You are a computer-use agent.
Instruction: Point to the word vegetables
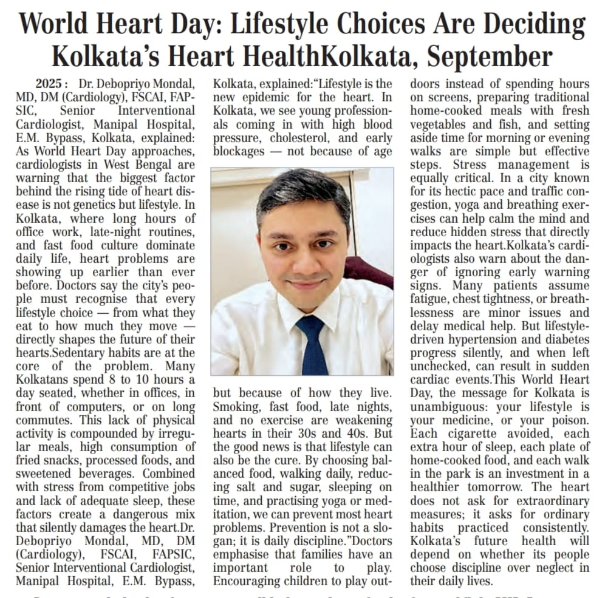(x=437, y=124)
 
